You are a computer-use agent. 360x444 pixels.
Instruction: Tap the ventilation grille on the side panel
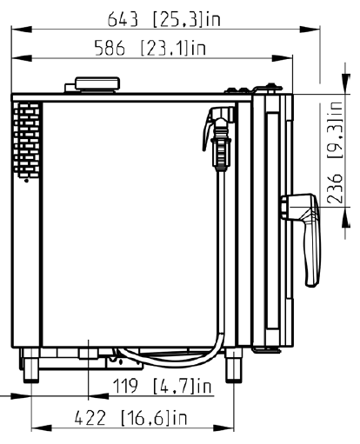(26, 140)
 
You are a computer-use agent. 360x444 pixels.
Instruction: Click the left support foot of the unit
(30, 365)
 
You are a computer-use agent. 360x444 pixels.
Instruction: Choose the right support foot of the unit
(233, 365)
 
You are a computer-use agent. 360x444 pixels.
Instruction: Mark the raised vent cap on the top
(97, 84)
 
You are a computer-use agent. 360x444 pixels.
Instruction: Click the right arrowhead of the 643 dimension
(310, 30)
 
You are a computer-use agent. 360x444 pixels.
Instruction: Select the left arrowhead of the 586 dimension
(22, 58)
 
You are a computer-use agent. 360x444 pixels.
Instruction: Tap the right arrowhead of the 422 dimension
(223, 427)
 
